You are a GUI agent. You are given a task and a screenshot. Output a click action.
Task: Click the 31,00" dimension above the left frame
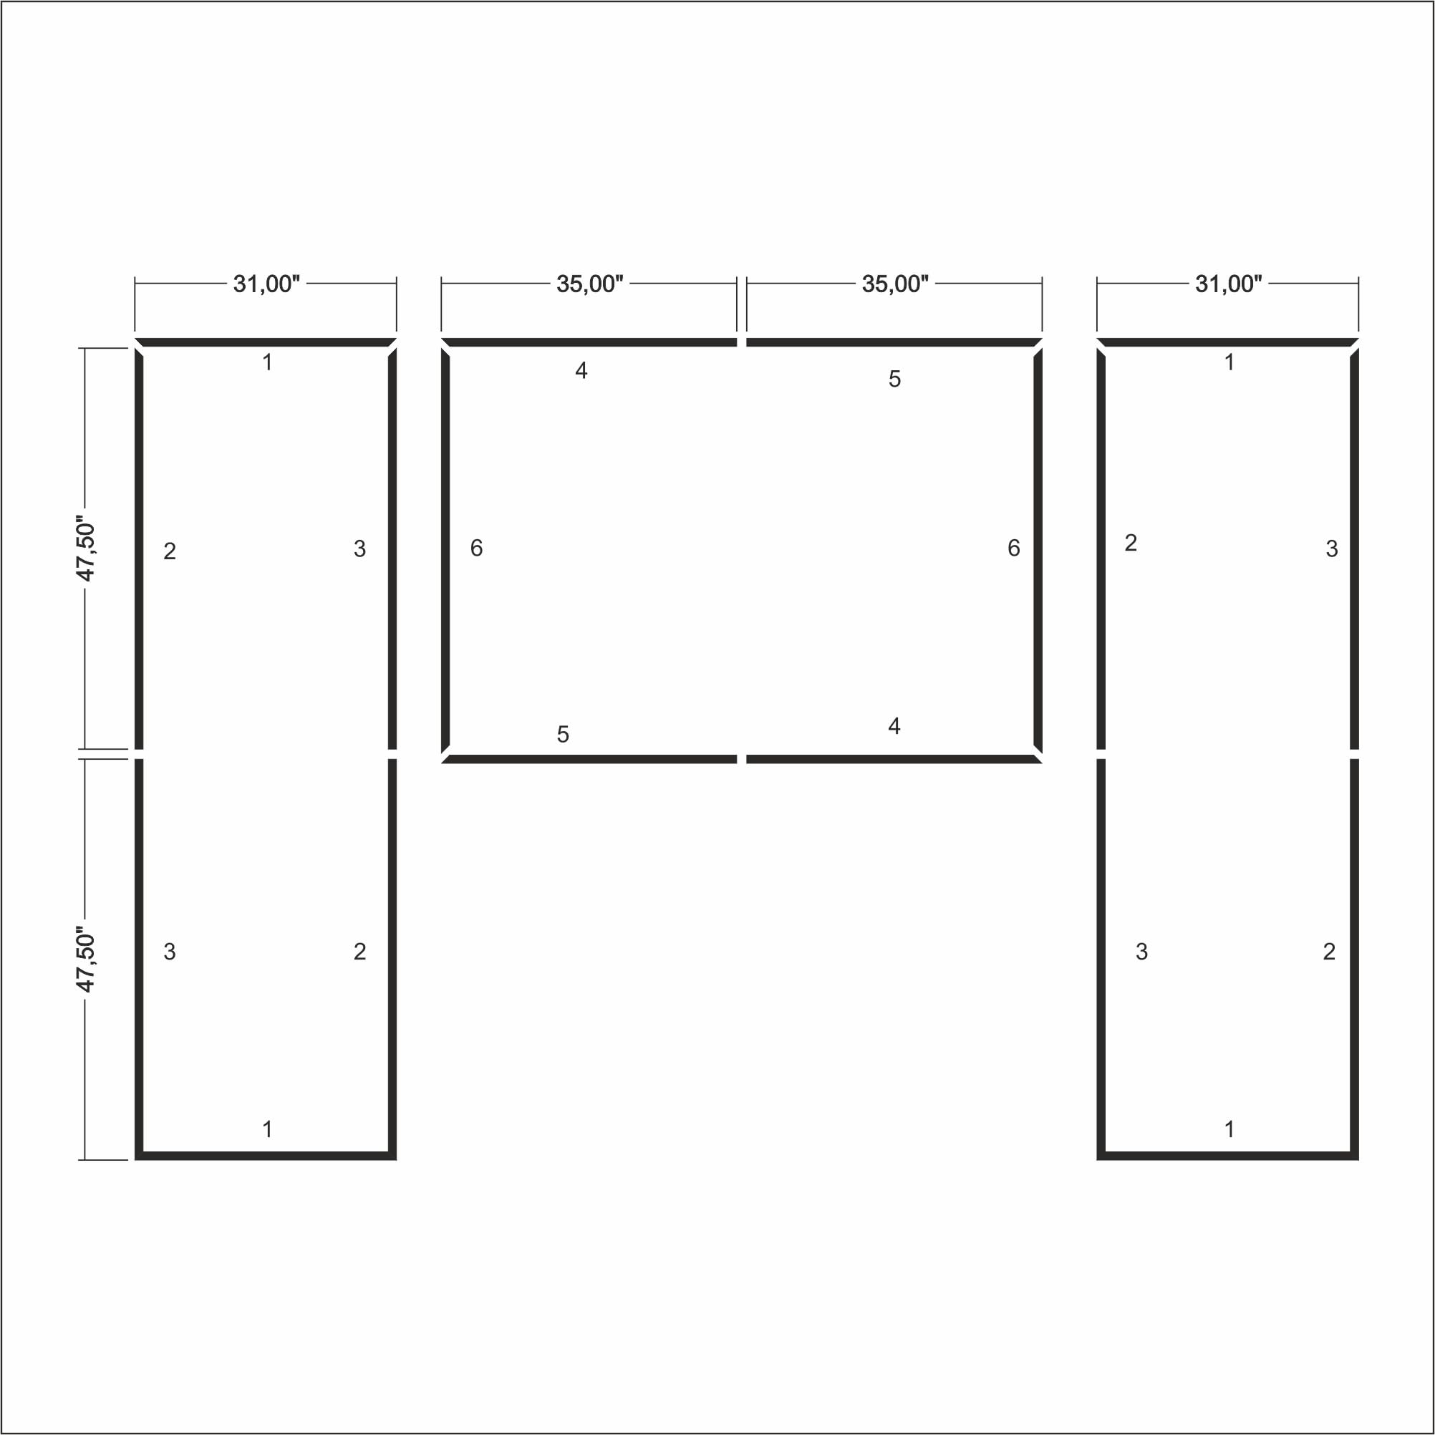[266, 284]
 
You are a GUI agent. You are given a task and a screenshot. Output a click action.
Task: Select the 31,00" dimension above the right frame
[1228, 284]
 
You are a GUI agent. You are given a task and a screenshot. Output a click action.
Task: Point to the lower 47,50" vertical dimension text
[86, 962]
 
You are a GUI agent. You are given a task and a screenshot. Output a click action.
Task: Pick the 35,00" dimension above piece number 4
[590, 284]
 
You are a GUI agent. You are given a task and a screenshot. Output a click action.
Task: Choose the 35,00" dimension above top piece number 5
[895, 284]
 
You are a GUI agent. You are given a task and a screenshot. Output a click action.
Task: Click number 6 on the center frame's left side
[477, 549]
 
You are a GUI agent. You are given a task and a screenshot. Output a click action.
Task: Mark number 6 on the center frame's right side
[1014, 549]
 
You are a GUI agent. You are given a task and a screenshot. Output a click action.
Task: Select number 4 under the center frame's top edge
[581, 371]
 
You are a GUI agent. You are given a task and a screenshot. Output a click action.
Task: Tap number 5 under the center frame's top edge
[895, 379]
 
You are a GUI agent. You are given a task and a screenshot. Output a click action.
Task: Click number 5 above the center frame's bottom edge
[563, 735]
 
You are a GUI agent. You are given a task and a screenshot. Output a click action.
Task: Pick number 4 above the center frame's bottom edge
[894, 726]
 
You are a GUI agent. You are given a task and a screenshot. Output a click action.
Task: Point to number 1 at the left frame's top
[267, 362]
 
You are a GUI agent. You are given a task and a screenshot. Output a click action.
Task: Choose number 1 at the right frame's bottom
[1229, 1130]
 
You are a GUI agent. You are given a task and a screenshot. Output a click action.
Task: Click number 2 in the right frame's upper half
[1131, 543]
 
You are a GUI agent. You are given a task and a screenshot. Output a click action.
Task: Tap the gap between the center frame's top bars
[741, 342]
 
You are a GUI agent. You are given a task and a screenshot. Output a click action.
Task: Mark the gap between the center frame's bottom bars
[741, 759]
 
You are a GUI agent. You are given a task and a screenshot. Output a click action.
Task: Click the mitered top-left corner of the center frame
[445, 346]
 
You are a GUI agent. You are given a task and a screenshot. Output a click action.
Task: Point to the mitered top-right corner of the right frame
[1354, 346]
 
